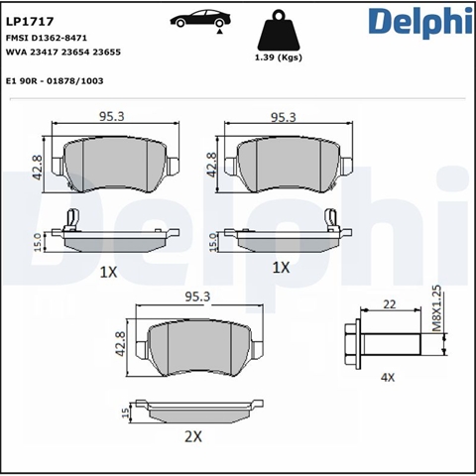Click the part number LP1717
[x=30, y=22]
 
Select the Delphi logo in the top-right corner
[x=420, y=22]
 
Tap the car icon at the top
[x=200, y=19]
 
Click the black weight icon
[x=279, y=31]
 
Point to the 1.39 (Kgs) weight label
[x=279, y=58]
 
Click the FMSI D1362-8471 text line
[x=47, y=38]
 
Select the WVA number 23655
[x=106, y=53]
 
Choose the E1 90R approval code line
[x=55, y=81]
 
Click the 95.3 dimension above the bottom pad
[x=197, y=297]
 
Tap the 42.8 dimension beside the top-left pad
[x=38, y=168]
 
